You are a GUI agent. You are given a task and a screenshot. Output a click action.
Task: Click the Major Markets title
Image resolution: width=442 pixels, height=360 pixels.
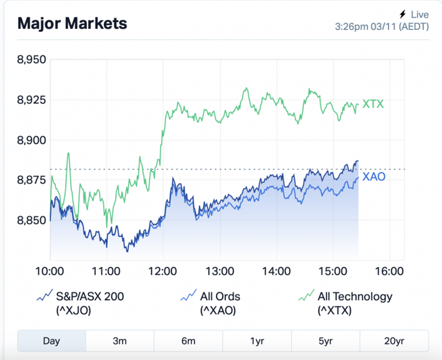point(72,23)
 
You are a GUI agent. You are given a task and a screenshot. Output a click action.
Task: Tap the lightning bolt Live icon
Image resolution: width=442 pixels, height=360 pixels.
point(402,14)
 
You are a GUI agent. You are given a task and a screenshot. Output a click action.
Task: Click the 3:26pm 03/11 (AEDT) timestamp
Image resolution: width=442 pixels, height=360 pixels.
point(381,27)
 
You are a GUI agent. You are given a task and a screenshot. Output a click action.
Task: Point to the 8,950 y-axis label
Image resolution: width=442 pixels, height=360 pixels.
point(31,60)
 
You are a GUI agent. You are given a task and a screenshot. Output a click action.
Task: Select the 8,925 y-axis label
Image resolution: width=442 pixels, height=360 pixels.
point(31,100)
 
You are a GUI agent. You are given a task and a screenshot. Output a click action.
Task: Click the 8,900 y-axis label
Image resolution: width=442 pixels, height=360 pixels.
point(31,140)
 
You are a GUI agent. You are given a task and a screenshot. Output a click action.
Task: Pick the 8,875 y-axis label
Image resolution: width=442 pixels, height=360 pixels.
point(31,180)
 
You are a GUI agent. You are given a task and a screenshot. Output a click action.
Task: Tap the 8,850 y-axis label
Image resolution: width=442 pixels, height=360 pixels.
point(31,220)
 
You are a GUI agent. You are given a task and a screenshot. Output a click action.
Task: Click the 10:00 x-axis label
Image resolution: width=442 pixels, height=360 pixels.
point(49,271)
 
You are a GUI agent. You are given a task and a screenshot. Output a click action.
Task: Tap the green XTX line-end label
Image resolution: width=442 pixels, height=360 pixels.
point(373,104)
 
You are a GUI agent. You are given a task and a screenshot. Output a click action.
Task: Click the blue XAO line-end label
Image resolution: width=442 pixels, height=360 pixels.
point(374,177)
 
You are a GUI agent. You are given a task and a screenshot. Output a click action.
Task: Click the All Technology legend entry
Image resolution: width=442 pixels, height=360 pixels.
point(346,303)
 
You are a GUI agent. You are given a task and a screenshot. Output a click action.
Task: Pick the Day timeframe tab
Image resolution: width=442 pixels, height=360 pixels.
point(52,341)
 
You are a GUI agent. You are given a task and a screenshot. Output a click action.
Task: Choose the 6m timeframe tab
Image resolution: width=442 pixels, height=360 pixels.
point(188,341)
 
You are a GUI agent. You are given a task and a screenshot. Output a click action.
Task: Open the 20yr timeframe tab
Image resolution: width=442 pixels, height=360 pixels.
point(394,341)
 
